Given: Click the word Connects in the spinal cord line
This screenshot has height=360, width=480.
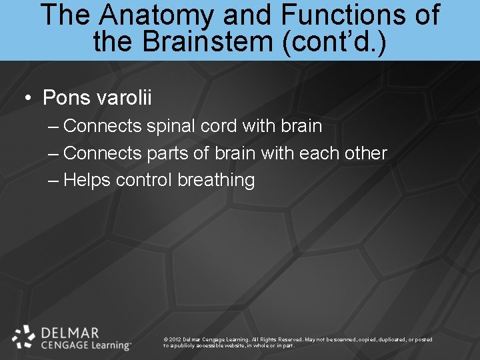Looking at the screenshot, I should point(102,126).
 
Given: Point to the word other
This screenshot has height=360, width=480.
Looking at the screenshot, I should point(366,153).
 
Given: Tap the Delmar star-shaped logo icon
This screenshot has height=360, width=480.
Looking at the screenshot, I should point(24,337).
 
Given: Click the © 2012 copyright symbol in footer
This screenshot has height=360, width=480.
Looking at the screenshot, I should point(165,340).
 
